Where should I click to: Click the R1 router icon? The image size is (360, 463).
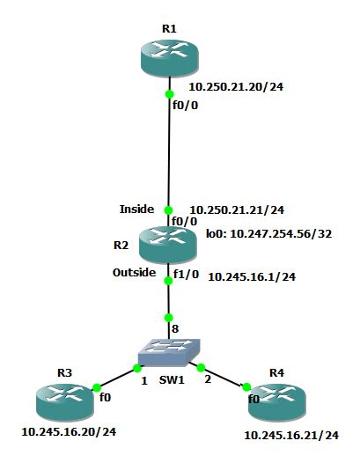tap(169, 58)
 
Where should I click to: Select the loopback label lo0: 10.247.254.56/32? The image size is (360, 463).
tap(268, 235)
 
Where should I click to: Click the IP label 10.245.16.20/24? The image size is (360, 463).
tap(68, 432)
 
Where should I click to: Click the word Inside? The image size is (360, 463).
tap(136, 209)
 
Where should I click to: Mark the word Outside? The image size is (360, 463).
tap(135, 273)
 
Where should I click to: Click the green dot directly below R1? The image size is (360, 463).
tap(169, 93)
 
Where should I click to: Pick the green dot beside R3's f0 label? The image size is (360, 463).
tap(95, 386)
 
